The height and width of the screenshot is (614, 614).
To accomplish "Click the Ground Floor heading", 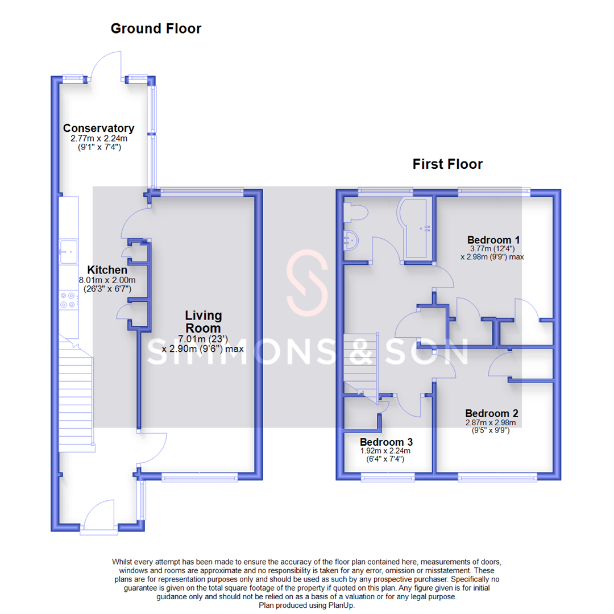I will click(155, 28).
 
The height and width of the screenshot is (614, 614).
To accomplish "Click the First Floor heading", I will click(447, 164).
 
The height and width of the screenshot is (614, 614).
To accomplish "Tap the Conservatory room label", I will click(98, 128).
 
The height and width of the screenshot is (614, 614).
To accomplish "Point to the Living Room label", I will click(203, 322).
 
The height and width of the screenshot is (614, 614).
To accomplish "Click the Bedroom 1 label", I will click(493, 239).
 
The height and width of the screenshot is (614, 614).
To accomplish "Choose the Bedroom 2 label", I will click(491, 413).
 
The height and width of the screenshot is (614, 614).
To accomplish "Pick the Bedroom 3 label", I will click(386, 442).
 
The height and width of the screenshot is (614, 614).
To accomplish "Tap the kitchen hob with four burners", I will click(69, 300).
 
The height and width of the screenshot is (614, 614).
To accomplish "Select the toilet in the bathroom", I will click(356, 211).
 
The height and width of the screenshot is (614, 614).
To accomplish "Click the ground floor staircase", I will click(76, 398).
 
